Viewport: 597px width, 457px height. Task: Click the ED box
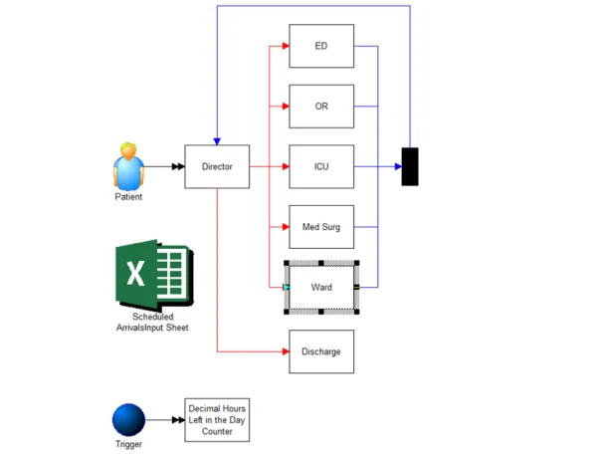(321, 46)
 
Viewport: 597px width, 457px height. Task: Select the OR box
(321, 107)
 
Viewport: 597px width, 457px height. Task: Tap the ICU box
(321, 166)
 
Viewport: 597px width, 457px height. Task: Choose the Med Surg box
(321, 227)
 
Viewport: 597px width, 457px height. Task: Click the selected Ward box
(321, 287)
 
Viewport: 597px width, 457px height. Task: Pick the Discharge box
(321, 351)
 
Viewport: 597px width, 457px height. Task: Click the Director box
(217, 166)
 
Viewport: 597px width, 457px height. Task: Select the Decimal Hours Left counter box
(217, 420)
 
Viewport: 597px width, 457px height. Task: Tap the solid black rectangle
(410, 166)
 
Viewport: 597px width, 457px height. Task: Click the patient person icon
(128, 166)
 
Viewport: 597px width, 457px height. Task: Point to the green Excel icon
(154, 275)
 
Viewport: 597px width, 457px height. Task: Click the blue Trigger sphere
(128, 420)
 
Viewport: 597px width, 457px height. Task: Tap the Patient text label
(128, 197)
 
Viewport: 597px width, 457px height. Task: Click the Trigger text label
(128, 444)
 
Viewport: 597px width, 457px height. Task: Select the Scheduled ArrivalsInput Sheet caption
(152, 323)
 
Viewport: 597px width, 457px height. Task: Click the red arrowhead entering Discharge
(286, 351)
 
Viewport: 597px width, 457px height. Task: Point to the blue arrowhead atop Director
(217, 141)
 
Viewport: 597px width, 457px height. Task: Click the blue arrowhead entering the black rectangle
(398, 166)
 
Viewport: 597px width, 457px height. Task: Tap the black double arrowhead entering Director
(178, 166)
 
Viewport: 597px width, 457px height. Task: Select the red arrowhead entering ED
(286, 46)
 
